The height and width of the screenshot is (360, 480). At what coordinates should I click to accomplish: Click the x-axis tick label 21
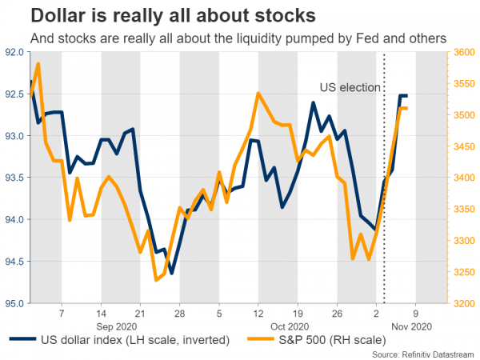coord(139,314)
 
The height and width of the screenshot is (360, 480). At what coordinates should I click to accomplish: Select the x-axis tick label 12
coord(258,314)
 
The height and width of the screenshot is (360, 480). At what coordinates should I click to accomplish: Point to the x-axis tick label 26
coord(336,314)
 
